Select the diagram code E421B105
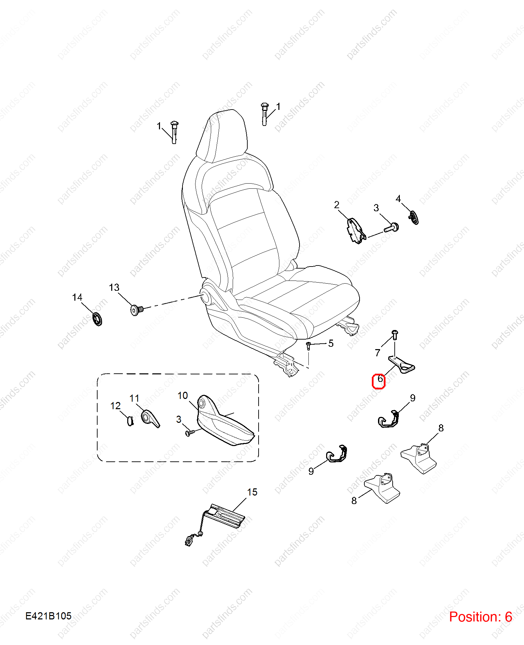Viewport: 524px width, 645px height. click(48, 616)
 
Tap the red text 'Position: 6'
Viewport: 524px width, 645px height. click(480, 617)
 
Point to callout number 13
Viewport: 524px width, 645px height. click(114, 287)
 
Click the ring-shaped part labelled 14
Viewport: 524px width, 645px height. click(98, 319)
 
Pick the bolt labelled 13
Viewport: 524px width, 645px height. click(137, 310)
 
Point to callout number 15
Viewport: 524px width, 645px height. click(252, 492)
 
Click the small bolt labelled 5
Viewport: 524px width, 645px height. click(308, 346)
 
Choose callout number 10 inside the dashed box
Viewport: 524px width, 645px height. click(183, 396)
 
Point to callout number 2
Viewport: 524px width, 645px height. click(337, 205)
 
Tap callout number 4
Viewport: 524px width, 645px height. click(398, 199)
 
